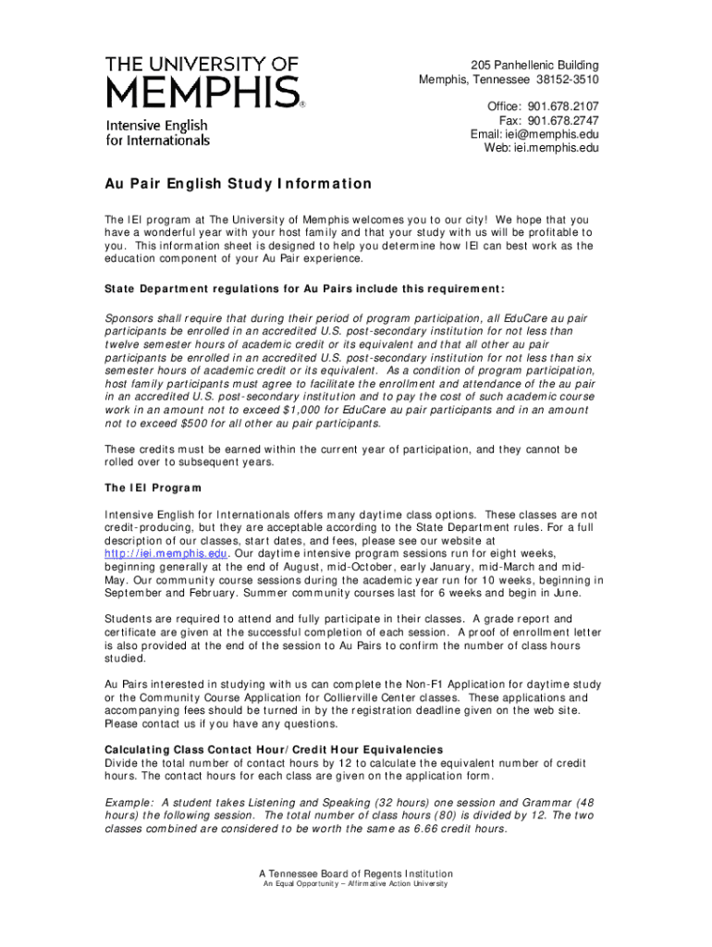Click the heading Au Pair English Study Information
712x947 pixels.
238,184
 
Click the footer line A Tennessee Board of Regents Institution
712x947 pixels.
356,873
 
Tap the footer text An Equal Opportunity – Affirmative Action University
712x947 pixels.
356,884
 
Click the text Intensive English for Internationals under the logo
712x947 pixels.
158,133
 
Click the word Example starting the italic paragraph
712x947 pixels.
129,802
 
